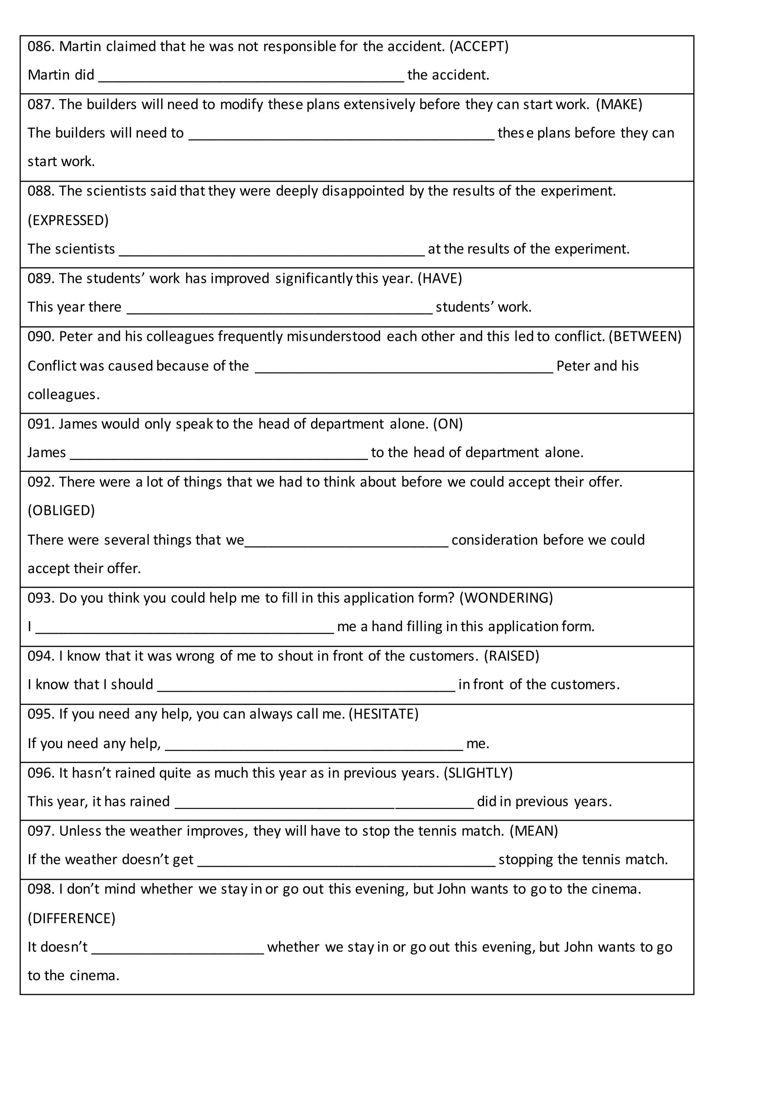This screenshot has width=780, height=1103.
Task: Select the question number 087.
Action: (x=41, y=104)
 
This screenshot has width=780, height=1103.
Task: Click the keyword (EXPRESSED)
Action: (x=68, y=220)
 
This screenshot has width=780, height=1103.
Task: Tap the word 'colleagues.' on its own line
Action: (x=63, y=395)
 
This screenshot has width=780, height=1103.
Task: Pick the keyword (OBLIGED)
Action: (x=61, y=510)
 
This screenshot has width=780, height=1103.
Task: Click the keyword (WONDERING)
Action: (x=506, y=598)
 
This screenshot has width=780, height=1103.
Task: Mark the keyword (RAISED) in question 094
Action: (x=511, y=656)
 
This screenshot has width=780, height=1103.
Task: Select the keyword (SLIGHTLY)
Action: (x=478, y=772)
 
